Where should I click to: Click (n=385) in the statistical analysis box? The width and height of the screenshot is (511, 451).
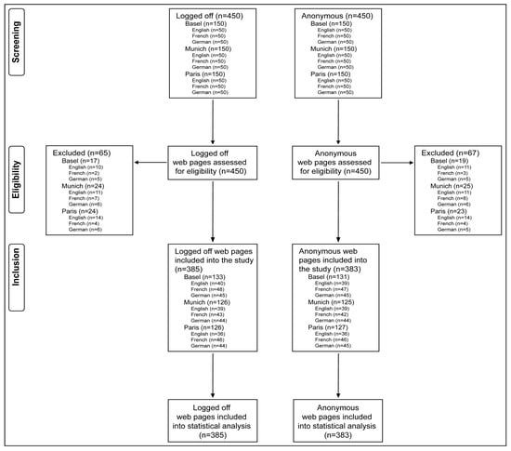tap(215, 433)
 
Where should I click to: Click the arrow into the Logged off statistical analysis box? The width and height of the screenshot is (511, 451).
tap(215, 391)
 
